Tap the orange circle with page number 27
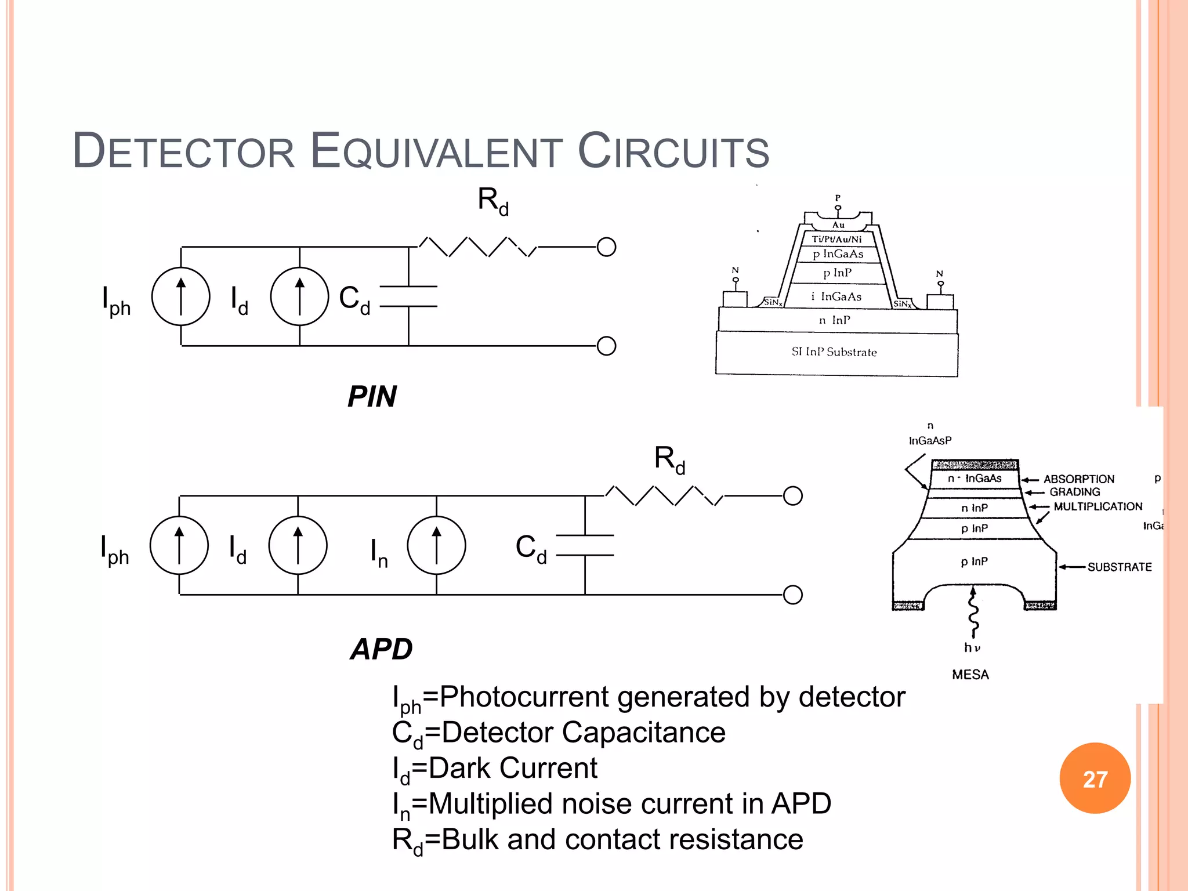1095,778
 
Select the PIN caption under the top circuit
372,397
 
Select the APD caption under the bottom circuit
381,649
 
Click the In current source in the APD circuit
436,545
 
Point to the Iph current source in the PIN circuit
180,296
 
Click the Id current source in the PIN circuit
299,296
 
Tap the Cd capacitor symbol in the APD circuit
585,545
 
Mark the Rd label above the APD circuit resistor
669,459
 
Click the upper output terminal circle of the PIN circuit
606,247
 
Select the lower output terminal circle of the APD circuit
792,595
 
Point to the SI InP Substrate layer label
834,352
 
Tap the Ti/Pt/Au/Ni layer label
836,239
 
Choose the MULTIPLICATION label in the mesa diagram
1098,506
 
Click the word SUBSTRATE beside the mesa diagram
1119,567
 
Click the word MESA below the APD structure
970,675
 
